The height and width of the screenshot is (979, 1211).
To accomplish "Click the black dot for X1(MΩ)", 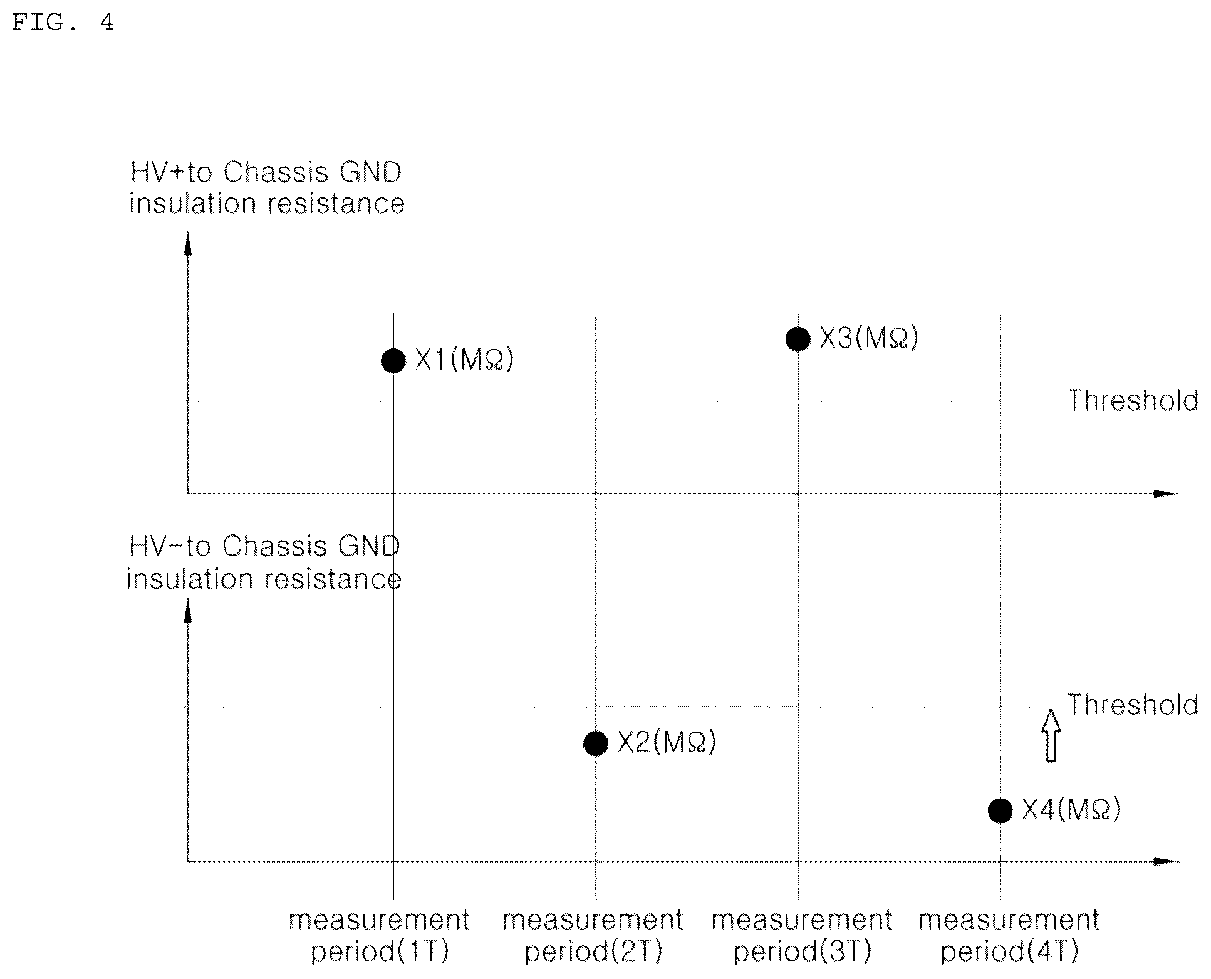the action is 393,361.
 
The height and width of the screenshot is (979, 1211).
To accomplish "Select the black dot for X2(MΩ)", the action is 596,743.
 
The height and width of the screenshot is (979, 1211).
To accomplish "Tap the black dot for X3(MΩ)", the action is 798,339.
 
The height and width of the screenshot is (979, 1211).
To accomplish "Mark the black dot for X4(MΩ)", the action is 1000,811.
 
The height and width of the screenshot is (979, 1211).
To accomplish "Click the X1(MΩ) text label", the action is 464,360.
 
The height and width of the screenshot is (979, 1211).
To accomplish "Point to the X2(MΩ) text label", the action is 667,743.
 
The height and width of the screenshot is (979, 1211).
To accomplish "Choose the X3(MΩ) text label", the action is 869,339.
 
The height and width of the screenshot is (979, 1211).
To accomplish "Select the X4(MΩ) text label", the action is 1071,810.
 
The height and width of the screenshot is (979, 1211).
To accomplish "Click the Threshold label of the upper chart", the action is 1133,401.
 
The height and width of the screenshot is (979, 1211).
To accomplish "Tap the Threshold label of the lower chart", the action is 1133,705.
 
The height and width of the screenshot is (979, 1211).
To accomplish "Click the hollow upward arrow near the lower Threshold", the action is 1051,735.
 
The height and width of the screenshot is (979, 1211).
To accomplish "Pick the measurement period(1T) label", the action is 380,936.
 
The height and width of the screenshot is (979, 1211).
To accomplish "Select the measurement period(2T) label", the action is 593,936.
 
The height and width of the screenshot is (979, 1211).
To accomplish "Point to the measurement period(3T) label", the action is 802,936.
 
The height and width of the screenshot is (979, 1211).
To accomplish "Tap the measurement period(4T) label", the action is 1009,936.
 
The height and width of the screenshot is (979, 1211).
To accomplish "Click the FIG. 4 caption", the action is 63,23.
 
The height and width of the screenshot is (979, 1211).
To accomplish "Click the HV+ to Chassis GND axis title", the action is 267,188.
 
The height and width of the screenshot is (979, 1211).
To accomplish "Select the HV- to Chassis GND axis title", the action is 264,562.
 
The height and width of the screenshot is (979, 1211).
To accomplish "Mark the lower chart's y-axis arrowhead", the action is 187,611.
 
